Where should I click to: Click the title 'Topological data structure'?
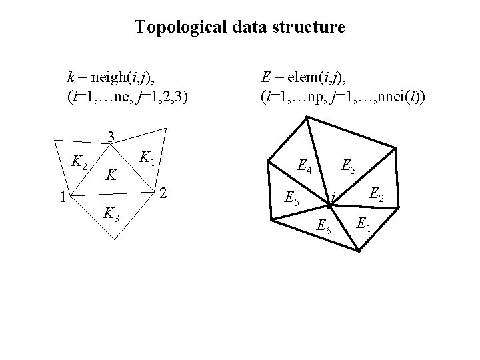coord(239,27)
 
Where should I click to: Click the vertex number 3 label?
coord(113,137)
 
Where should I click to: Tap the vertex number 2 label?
coord(164,194)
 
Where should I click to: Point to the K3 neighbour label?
coord(111,215)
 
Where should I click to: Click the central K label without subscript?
coord(113,176)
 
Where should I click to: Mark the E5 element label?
coord(292,198)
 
